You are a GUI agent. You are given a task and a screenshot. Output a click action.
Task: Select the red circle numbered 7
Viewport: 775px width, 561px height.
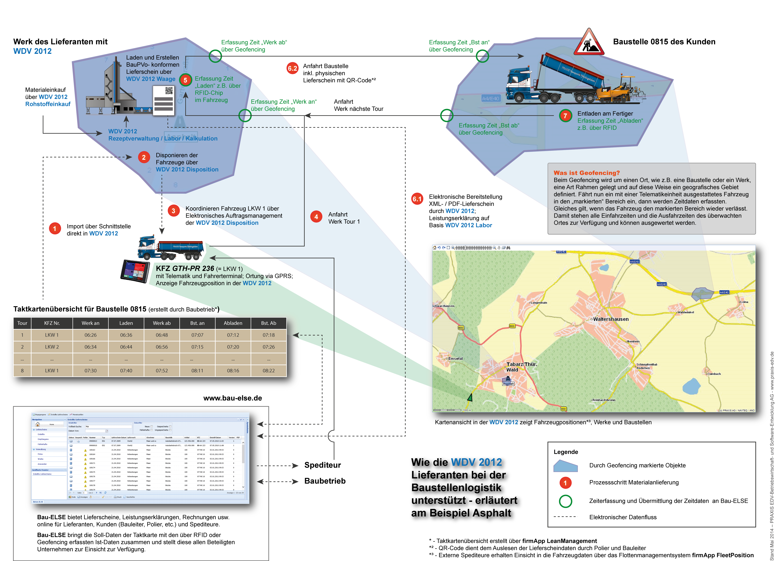pos(565,116)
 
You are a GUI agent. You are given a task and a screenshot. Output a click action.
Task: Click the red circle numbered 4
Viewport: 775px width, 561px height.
pos(316,217)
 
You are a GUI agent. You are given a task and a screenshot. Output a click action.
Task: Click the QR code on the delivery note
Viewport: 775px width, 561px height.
pos(169,91)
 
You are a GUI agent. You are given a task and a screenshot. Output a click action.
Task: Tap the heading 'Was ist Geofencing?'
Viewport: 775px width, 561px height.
pos(586,173)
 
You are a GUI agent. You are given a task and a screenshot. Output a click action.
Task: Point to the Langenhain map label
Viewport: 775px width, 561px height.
pos(539,303)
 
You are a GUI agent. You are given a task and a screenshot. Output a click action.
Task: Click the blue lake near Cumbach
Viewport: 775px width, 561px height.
pos(691,386)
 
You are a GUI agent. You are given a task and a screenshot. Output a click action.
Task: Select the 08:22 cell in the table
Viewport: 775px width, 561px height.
pos(269,371)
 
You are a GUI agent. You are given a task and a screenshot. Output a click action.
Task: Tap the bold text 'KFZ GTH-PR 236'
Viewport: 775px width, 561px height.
pos(185,268)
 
